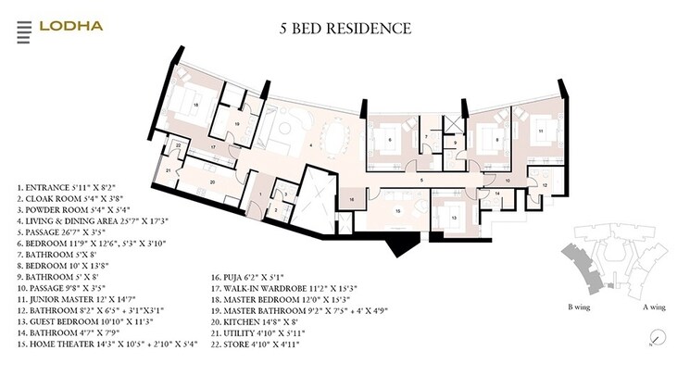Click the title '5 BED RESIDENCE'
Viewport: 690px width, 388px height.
tap(345, 28)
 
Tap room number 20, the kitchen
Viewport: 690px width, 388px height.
tap(212, 182)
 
